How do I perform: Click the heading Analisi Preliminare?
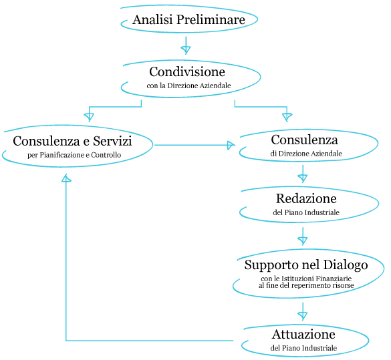pos(188,19)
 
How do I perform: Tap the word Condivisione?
pos(187,71)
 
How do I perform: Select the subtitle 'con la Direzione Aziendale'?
pos(188,85)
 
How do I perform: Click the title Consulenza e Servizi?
pos(72,141)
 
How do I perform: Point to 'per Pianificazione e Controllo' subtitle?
pos(74,155)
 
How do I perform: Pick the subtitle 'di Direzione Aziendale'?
pos(306,154)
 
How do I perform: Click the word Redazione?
pos(306,198)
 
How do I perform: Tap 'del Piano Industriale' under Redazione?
pos(306,212)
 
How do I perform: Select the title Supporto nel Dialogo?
pos(306,265)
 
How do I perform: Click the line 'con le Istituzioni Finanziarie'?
pos(306,279)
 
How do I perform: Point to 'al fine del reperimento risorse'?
pos(306,285)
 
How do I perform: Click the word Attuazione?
pos(303,335)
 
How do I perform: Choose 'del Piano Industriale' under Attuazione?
pos(303,348)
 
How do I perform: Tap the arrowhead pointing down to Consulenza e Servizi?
pos(89,118)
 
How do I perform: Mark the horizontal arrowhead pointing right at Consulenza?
pos(231,145)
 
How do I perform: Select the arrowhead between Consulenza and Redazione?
pos(303,178)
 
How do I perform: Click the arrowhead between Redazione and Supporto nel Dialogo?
pos(303,240)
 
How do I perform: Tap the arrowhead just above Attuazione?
pos(303,316)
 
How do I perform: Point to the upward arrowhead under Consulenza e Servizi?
pos(66,178)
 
